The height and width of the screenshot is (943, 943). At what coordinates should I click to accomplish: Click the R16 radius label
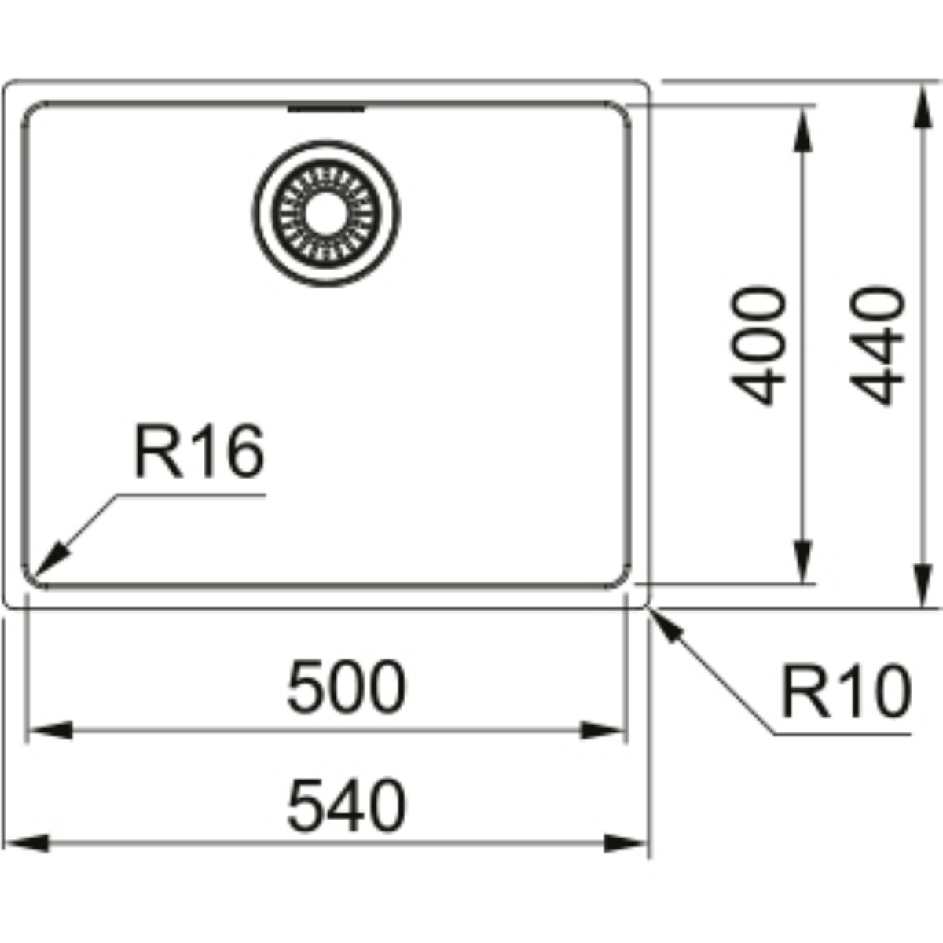click(x=199, y=451)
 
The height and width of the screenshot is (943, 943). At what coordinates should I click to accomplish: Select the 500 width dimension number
click(x=347, y=687)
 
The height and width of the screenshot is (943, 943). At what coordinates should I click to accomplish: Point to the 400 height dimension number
click(x=758, y=346)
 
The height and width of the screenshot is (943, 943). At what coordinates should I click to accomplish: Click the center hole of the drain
click(x=326, y=214)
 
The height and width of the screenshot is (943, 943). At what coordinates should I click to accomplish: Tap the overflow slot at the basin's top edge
click(x=326, y=108)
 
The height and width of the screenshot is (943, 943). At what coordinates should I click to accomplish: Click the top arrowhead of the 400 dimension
click(x=802, y=129)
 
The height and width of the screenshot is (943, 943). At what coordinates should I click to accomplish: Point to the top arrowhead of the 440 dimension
click(x=923, y=108)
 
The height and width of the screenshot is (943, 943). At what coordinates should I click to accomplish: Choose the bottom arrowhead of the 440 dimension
click(x=923, y=585)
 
